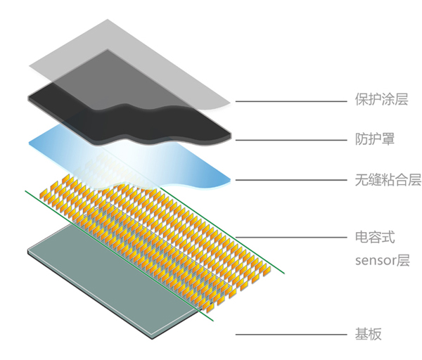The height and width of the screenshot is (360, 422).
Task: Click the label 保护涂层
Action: click(381, 99)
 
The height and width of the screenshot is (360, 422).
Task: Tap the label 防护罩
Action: click(375, 139)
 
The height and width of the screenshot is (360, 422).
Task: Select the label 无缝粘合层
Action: click(388, 179)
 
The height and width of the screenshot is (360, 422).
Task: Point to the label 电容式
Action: click(375, 237)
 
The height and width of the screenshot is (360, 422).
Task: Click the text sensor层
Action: click(382, 260)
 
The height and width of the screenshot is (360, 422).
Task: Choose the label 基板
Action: click(368, 335)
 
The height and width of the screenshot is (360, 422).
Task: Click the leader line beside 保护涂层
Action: click(291, 101)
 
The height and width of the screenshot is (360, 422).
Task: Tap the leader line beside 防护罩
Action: click(291, 140)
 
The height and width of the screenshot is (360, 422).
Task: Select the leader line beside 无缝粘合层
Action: click(291, 180)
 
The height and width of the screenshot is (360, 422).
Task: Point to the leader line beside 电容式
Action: click(291, 238)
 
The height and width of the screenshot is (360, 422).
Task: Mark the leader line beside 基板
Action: click(291, 335)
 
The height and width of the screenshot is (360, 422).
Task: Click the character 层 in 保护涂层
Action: click(401, 99)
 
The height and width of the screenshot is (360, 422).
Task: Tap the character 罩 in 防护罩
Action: click(388, 139)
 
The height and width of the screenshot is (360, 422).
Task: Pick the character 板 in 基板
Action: click(375, 335)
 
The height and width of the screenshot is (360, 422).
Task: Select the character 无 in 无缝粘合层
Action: click(362, 180)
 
